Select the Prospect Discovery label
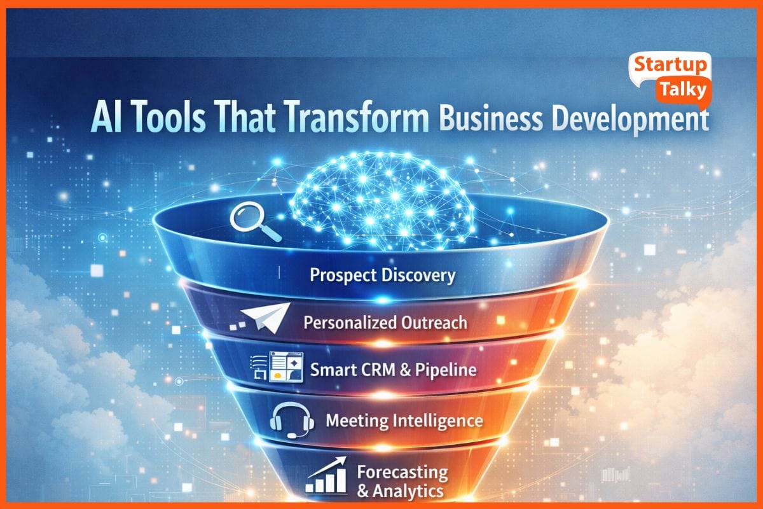[x=383, y=275]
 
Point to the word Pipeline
[x=445, y=370]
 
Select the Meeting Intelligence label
[x=404, y=421]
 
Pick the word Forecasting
[x=402, y=473]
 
